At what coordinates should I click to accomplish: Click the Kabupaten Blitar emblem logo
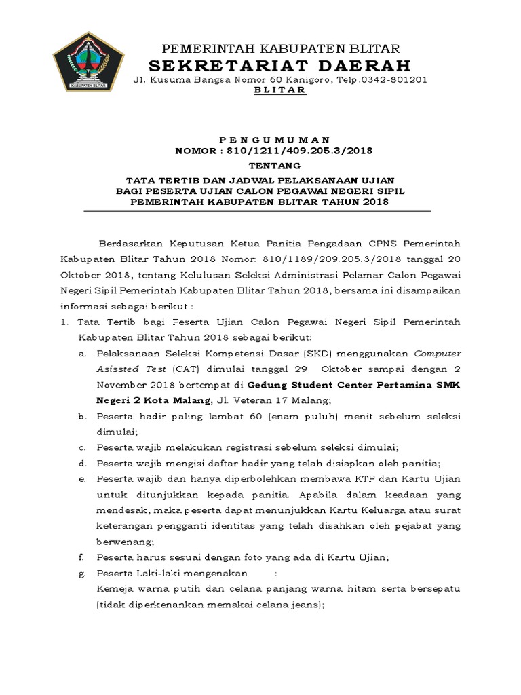tap(88, 62)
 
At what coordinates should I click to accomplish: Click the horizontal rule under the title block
tap(257, 211)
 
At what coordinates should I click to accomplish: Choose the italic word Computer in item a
tap(438, 353)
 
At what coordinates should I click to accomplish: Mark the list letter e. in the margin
tap(81, 479)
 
